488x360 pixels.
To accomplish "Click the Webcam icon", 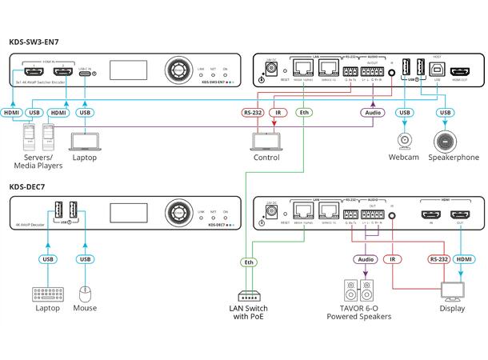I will coord(404,143).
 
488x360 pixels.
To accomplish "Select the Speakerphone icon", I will coord(445,142).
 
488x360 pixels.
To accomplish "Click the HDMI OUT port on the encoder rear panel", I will coord(461,71).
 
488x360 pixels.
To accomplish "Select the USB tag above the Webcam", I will coord(405,114).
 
